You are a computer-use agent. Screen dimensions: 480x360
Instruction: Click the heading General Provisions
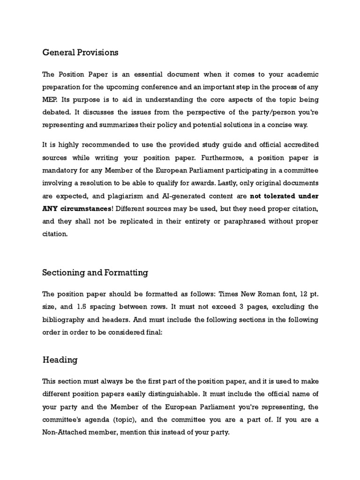80,52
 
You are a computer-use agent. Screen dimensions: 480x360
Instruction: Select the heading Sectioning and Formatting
95,272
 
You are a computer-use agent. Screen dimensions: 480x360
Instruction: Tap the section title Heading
60,360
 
